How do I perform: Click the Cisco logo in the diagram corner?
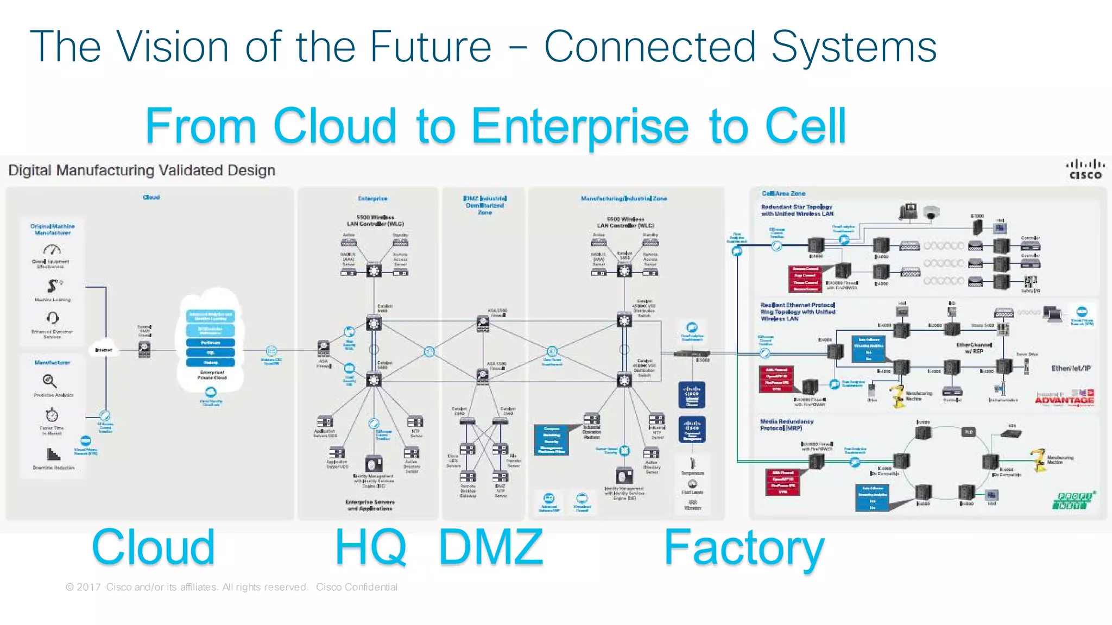(x=1085, y=169)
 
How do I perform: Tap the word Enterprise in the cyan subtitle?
(x=580, y=127)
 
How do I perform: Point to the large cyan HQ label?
(x=370, y=547)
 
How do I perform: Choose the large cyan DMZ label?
(x=490, y=547)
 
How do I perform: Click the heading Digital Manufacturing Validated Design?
(x=142, y=171)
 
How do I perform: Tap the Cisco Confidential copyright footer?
(x=231, y=587)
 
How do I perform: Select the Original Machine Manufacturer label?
(x=53, y=229)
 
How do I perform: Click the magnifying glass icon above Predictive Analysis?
(x=49, y=381)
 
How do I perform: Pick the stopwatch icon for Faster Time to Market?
(x=52, y=415)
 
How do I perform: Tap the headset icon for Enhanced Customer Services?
(x=52, y=318)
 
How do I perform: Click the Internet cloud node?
(x=104, y=349)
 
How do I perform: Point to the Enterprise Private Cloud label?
(x=212, y=375)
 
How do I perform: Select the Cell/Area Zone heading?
(x=783, y=193)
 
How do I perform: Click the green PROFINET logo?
(x=1074, y=500)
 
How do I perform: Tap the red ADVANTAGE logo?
(x=1064, y=400)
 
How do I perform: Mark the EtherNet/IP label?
(x=1070, y=368)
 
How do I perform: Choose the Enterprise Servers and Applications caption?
(x=370, y=505)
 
